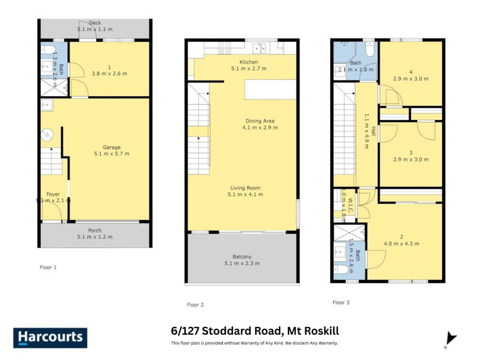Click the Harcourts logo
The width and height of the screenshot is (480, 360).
50,337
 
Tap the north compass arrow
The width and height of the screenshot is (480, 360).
451,338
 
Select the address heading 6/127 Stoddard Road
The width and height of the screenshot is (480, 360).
255,331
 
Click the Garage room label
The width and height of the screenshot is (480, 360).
112,147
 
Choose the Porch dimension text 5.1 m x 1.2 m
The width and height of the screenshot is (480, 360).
95,236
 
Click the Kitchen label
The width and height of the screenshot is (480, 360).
248,62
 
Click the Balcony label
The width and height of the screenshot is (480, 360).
242,256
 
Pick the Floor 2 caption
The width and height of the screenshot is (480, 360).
195,305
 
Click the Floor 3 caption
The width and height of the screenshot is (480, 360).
341,302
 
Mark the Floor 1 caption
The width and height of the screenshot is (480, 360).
47,267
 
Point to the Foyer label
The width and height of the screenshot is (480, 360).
53,194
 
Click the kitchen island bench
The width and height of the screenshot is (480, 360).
270,90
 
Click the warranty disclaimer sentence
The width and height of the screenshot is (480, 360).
255,343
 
